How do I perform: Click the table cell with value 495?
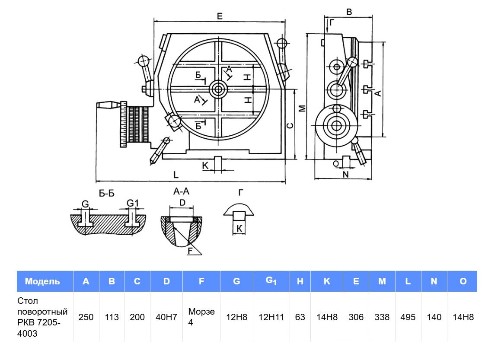pyautogui.click(x=408, y=317)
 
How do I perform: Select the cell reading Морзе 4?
pyautogui.click(x=201, y=317)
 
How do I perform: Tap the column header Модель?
pyautogui.click(x=42, y=281)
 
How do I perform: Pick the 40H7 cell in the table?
pyautogui.click(x=166, y=317)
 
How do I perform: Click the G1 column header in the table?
pyautogui.click(x=271, y=281)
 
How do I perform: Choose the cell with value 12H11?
pyautogui.click(x=271, y=317)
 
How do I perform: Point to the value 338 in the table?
pyautogui.click(x=382, y=317)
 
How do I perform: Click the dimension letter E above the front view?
pyautogui.click(x=220, y=16)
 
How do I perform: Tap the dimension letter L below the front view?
pyautogui.click(x=175, y=175)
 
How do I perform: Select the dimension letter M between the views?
pyautogui.click(x=303, y=108)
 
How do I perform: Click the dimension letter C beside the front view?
pyautogui.click(x=290, y=125)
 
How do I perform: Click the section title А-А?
pyautogui.click(x=182, y=191)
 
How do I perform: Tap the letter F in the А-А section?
pyautogui.click(x=190, y=251)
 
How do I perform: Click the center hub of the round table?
pyautogui.click(x=218, y=90)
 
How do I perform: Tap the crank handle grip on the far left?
pyautogui.click(x=107, y=105)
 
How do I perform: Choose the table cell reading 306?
pyautogui.click(x=356, y=317)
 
